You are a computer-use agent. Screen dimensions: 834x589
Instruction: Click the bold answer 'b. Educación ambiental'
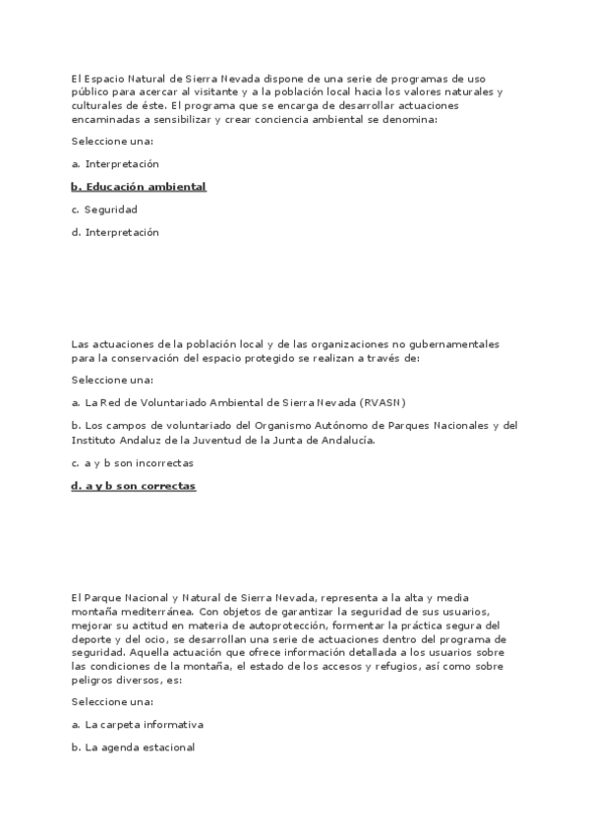coord(139,187)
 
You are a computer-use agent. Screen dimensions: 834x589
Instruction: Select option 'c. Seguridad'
coord(104,209)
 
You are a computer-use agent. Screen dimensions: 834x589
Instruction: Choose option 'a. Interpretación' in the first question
coord(115,164)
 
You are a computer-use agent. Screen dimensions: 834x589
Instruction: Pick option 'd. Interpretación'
coord(115,233)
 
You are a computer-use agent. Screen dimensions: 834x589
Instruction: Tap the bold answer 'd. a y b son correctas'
coord(134,486)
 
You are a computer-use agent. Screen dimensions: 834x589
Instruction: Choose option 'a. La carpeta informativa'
coord(138,724)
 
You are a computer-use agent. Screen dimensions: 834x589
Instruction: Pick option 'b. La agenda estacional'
coord(134,747)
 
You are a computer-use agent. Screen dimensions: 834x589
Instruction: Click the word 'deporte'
coord(91,637)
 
